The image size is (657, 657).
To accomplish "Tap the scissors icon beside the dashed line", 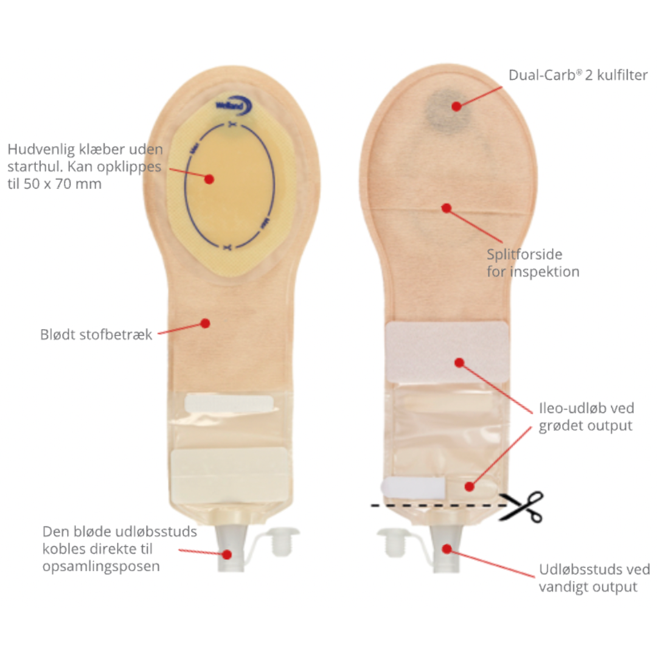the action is point(521,507).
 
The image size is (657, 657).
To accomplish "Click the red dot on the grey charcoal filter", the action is point(456,106).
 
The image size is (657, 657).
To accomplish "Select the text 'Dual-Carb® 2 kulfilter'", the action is point(578,75).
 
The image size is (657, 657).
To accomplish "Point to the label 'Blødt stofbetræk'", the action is point(96,335).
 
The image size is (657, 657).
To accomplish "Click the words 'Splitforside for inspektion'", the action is point(532,263).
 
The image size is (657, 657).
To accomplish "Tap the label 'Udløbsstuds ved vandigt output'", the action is point(594,578).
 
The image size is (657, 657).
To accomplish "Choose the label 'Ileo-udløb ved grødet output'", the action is point(586,417).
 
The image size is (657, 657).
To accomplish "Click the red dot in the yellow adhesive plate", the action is point(209,179).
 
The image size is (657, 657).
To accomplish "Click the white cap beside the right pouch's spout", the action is point(392,542).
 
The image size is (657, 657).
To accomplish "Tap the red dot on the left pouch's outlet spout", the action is point(227,554).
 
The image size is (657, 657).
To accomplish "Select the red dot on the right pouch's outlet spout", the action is point(447,549).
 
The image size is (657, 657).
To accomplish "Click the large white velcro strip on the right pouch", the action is point(447,352).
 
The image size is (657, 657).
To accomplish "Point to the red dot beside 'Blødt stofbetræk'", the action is point(206,323).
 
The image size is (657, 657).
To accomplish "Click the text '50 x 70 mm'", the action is point(63,184).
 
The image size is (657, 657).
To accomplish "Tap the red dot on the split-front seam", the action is point(447,208).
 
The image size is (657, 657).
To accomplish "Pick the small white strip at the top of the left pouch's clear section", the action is point(229,403).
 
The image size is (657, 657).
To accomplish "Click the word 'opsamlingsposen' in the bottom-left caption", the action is point(101,566).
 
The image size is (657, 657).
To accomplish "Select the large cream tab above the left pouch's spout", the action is point(229,473).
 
